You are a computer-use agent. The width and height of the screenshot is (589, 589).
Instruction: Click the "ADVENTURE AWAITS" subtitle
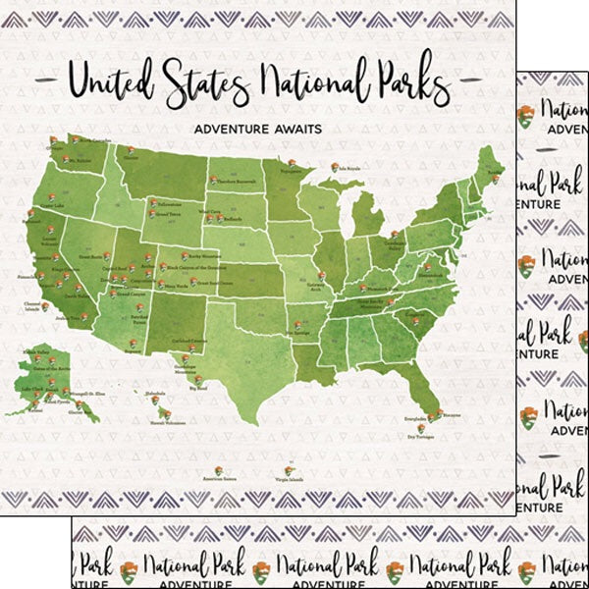coord(256,129)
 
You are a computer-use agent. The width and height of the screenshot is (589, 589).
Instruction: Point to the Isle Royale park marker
coord(335,167)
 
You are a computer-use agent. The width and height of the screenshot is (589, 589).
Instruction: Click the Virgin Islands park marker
coord(289,471)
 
